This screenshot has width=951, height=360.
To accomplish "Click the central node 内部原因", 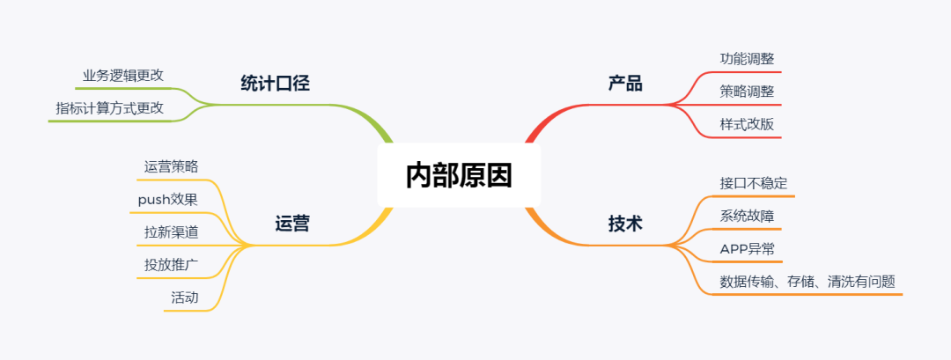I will [458, 176].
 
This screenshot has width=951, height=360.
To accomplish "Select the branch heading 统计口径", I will [275, 84].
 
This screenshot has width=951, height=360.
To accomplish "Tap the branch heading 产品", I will [625, 84].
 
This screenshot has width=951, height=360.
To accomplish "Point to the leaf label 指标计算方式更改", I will [109, 108].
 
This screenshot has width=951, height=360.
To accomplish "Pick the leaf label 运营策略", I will [171, 165].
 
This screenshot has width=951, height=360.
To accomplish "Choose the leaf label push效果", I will [167, 199].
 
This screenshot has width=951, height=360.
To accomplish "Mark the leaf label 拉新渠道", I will [171, 231].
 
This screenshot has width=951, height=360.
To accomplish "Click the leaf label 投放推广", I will [171, 264].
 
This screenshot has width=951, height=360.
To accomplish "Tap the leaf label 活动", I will [184, 298].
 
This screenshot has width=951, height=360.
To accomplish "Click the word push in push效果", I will [153, 200].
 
